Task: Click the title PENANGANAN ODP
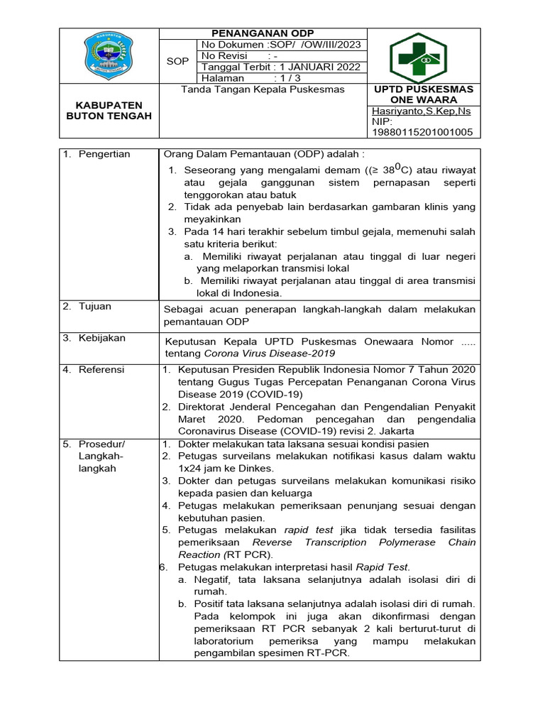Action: click(x=263, y=33)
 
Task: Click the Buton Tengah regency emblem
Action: click(x=109, y=55)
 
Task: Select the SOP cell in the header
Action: click(x=177, y=62)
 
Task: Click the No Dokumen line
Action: click(x=281, y=45)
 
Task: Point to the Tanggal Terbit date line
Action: click(x=281, y=67)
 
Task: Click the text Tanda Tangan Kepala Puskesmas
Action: click(x=263, y=89)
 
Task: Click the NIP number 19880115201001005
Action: click(x=422, y=132)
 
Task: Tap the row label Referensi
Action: click(x=101, y=369)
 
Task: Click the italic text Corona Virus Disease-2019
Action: click(x=270, y=352)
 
